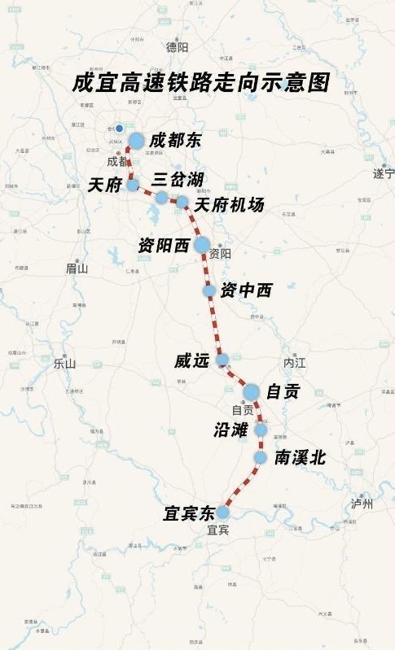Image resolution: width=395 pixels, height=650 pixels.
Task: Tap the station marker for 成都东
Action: pyautogui.click(x=136, y=141)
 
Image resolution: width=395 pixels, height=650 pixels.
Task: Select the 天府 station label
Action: pyautogui.click(x=104, y=185)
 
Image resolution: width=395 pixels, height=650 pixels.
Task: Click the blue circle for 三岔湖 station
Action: pyautogui.click(x=162, y=198)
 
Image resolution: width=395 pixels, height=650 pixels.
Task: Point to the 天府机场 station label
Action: pyautogui.click(x=229, y=205)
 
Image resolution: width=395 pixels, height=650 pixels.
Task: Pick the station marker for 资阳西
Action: pyautogui.click(x=201, y=244)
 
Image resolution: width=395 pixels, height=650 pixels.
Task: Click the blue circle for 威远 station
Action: pyautogui.click(x=222, y=359)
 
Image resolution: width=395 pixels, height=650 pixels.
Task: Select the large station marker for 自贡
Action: pyautogui.click(x=251, y=392)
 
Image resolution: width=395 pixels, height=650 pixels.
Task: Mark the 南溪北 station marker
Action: pyautogui.click(x=260, y=458)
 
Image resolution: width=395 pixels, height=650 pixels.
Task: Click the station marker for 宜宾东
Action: pyautogui.click(x=222, y=513)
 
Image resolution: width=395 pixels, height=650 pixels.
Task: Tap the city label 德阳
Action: pyautogui.click(x=177, y=47)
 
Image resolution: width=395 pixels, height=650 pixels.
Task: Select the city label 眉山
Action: pyautogui.click(x=77, y=268)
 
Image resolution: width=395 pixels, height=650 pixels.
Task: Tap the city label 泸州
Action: pyautogui.click(x=361, y=504)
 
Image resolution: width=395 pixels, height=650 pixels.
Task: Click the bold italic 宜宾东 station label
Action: pyautogui.click(x=189, y=514)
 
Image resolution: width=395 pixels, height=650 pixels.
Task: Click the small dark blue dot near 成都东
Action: pyautogui.click(x=119, y=129)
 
